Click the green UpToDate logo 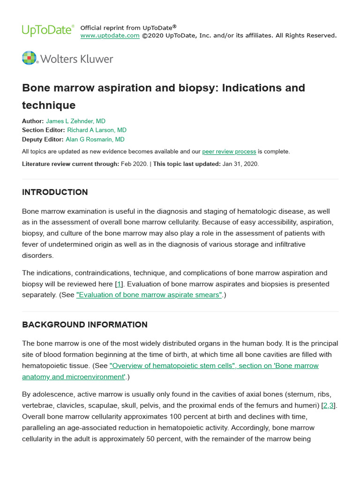[48, 30]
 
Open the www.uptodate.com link [110, 36]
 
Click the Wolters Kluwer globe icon [29, 59]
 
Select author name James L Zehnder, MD [75, 121]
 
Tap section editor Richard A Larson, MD [97, 130]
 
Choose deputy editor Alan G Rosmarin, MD [95, 139]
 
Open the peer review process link [229, 151]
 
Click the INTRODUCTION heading [55, 192]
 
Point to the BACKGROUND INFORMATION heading [85, 324]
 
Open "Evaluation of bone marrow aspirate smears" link [149, 295]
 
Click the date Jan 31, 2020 [240, 164]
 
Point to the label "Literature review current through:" [70, 164]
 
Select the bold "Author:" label [33, 121]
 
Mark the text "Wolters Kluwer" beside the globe [77, 59]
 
